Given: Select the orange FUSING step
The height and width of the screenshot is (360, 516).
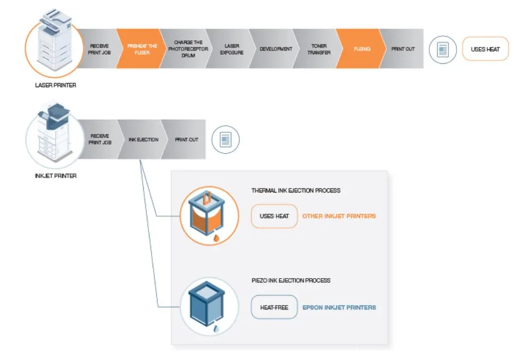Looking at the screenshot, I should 362,49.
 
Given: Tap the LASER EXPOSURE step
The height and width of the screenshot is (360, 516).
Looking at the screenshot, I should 231,49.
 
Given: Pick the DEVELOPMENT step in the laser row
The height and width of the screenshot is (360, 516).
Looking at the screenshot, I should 276,49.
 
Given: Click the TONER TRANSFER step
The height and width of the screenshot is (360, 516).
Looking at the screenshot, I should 318,49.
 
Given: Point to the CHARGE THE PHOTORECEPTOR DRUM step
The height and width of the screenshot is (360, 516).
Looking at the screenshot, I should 188,49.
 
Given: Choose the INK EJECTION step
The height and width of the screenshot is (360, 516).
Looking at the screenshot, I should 143,139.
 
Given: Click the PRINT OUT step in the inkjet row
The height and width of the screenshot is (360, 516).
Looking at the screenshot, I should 186,139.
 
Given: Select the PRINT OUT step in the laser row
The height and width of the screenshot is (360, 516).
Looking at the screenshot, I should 403,49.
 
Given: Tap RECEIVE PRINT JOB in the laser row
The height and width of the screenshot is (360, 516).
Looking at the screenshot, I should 99,49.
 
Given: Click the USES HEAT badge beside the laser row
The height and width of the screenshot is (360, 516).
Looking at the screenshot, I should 485,49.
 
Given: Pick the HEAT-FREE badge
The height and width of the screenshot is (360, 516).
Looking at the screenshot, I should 274,307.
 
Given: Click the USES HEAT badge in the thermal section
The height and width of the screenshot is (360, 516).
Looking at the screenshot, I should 274,216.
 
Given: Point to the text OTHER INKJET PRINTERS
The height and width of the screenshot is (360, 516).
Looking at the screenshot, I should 339,216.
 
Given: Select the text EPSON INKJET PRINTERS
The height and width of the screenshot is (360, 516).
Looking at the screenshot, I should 339,307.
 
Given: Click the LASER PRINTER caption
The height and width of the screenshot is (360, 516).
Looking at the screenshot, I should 55,85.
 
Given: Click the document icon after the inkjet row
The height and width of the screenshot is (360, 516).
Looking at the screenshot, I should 226,140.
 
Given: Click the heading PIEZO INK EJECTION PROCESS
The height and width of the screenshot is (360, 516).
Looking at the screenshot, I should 290,280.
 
